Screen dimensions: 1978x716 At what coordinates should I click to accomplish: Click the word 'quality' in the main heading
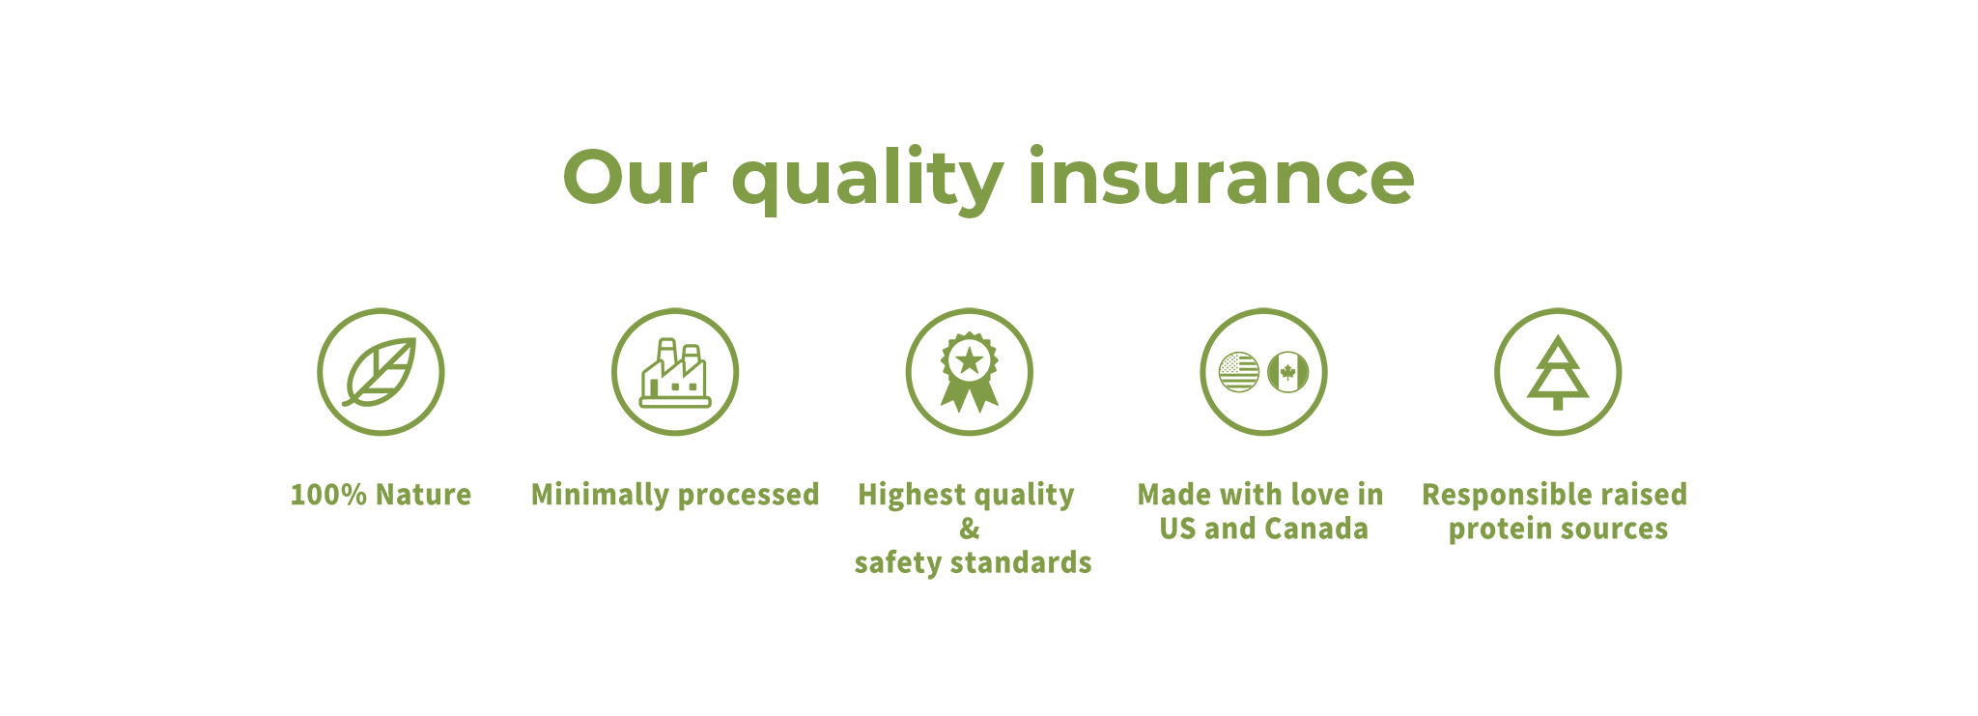point(867,179)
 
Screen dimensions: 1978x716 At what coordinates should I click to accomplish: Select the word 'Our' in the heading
point(635,178)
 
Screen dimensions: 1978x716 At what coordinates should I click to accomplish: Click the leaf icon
point(380,372)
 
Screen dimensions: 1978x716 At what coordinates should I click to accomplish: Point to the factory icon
point(675,373)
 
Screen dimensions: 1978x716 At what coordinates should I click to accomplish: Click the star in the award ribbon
point(969,361)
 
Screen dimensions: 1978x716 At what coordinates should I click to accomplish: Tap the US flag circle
point(1239,372)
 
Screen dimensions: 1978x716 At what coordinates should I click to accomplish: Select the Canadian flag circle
point(1287,372)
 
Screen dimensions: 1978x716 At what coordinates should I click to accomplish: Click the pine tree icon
point(1558,373)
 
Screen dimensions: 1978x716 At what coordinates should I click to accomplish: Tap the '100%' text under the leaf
point(328,495)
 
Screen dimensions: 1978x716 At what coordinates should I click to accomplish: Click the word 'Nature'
point(423,495)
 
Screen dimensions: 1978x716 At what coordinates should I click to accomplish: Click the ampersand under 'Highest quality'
point(970,529)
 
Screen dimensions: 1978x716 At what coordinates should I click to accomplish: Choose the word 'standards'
point(1021,562)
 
